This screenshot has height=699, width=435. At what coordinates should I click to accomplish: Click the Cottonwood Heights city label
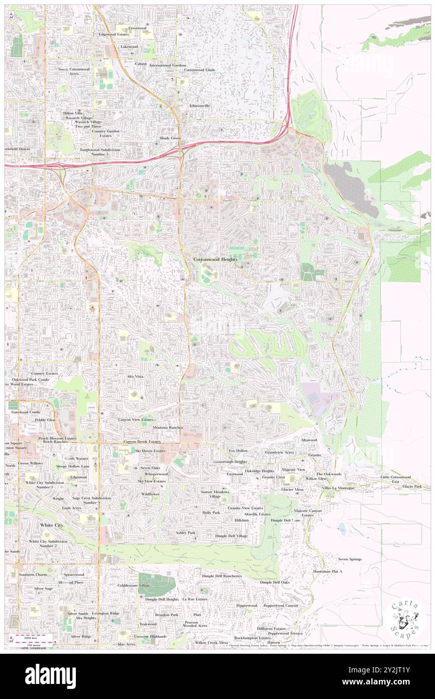tap(215, 259)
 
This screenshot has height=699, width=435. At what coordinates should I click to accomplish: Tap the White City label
tap(51, 525)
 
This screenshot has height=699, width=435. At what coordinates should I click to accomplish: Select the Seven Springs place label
tap(350, 559)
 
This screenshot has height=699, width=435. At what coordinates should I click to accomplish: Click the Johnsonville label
tap(199, 106)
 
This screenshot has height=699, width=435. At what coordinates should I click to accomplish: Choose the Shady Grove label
tap(170, 138)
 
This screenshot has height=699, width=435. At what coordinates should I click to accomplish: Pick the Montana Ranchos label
tap(168, 427)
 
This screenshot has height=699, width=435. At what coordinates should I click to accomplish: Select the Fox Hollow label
tap(238, 451)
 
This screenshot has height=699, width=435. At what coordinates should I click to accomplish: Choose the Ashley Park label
tap(185, 532)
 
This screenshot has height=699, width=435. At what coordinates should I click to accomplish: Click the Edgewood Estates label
tap(115, 34)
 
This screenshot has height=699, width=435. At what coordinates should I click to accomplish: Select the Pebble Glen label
tap(45, 419)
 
